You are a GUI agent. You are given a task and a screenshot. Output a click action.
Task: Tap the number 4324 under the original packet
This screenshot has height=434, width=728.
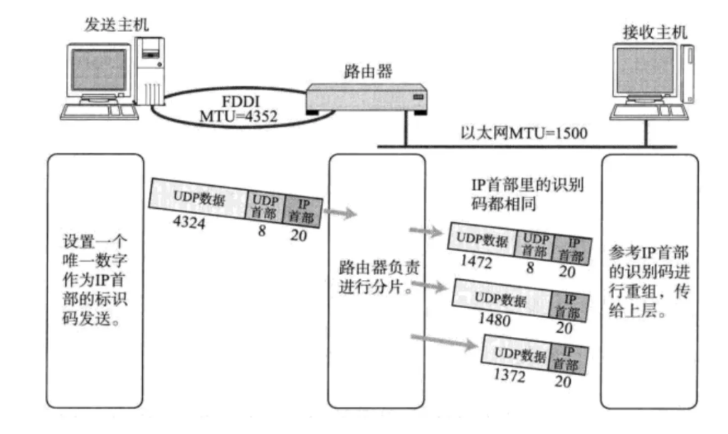[189, 222]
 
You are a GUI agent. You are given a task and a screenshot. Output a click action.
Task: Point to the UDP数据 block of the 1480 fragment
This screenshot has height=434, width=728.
[504, 296]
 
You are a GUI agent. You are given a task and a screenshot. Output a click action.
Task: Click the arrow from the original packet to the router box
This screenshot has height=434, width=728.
[339, 212]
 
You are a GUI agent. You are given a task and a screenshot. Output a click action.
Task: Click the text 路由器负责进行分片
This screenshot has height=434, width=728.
[374, 281]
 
